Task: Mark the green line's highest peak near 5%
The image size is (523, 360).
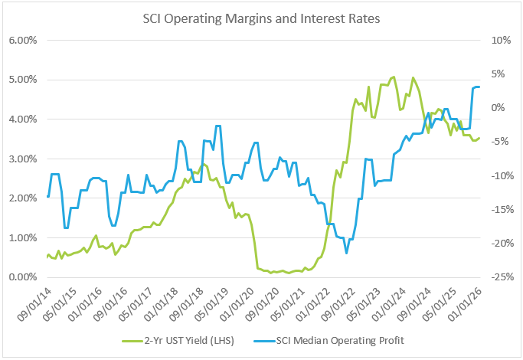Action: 394,77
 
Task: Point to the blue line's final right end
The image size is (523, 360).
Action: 479,87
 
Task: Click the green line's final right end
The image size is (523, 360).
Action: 479,138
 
